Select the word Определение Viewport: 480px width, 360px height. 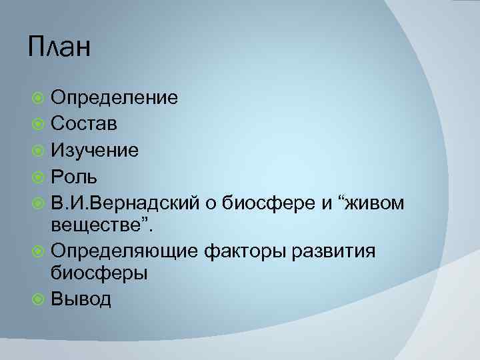point(115,99)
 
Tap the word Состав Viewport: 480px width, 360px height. point(85,124)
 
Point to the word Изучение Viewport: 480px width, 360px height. point(95,151)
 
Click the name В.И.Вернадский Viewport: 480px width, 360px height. point(126,203)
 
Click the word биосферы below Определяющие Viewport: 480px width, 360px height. point(99,273)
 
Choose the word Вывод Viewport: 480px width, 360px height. point(81,299)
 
